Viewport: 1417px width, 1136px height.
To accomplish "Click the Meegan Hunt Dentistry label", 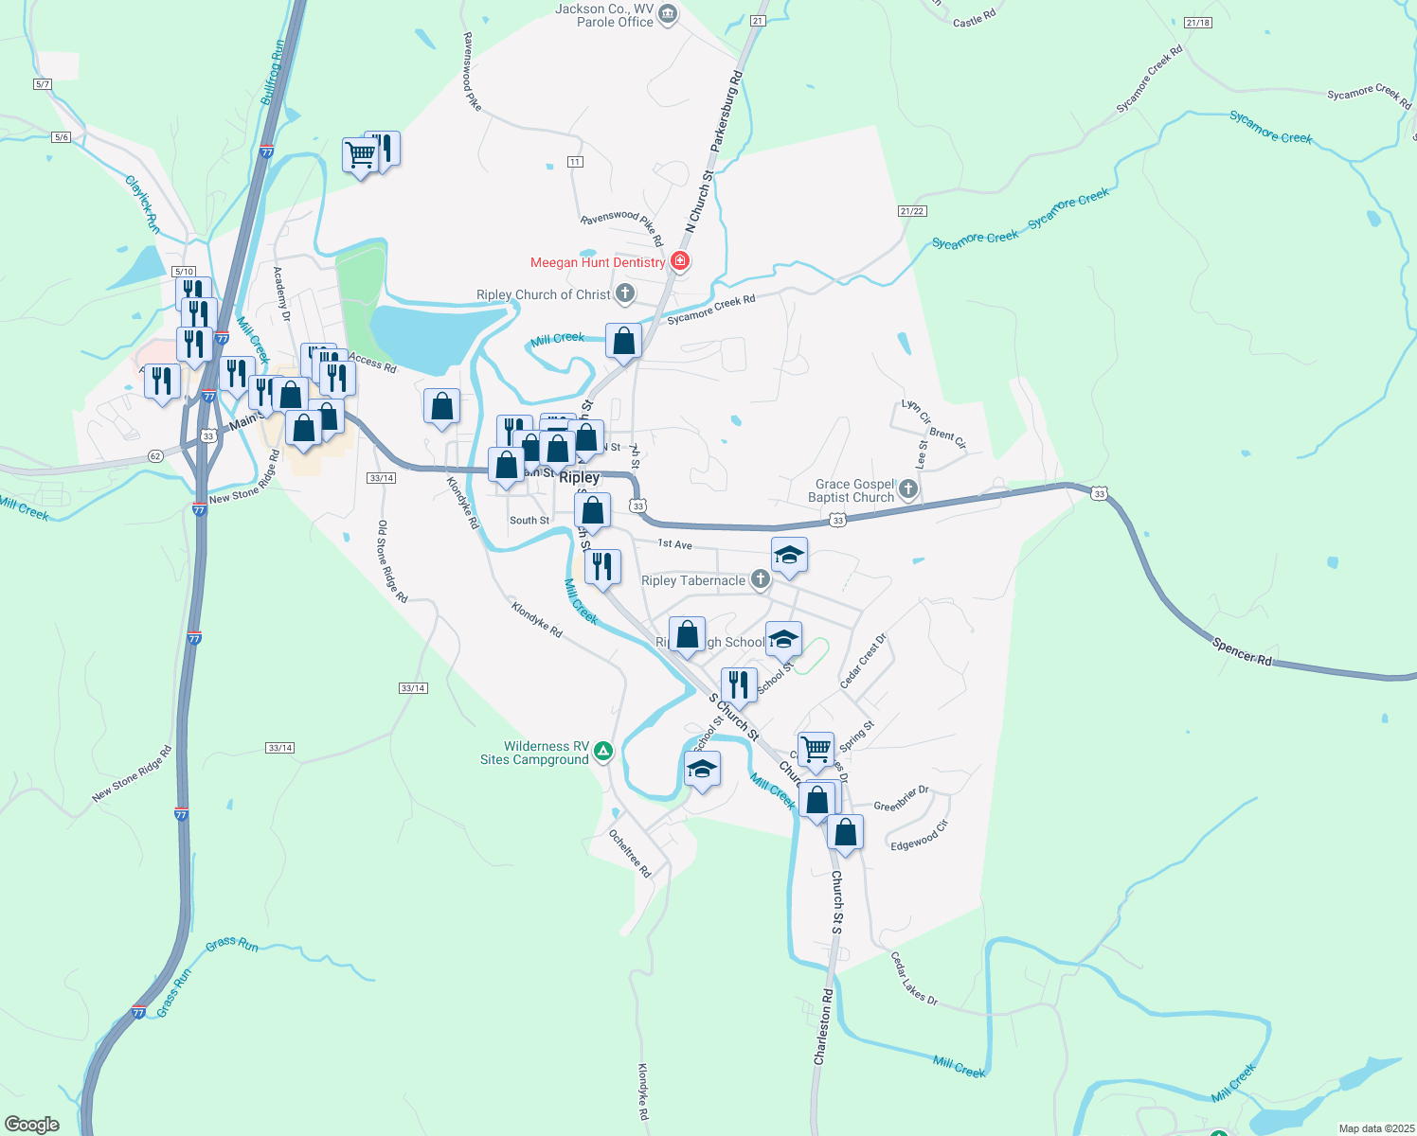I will [598, 262].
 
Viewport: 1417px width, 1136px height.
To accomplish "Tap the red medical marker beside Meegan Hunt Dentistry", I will [680, 260].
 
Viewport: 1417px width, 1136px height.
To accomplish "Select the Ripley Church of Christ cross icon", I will [625, 293].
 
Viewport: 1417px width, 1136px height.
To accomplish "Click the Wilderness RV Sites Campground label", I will [534, 753].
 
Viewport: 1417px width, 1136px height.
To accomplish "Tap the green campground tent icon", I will [603, 753].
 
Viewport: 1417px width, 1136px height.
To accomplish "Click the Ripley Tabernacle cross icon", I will [760, 579].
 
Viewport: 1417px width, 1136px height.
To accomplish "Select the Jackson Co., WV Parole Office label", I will [604, 15].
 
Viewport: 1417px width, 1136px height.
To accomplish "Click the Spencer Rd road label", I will [1242, 652].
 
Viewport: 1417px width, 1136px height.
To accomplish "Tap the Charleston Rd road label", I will [822, 1027].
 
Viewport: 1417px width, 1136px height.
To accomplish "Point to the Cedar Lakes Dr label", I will [914, 979].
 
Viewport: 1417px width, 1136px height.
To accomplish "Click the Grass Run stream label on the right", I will [232, 944].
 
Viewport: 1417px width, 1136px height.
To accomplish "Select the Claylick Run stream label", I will [143, 204].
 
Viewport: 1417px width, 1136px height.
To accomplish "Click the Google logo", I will [32, 1125].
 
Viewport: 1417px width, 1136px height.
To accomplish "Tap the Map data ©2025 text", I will [1375, 1128].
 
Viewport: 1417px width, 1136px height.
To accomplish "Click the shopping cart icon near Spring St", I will [816, 749].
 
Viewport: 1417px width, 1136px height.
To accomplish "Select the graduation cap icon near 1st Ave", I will [789, 555].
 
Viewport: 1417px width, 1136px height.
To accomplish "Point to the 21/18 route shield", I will [1197, 23].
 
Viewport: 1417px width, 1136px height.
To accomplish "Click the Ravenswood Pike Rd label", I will [622, 227].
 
